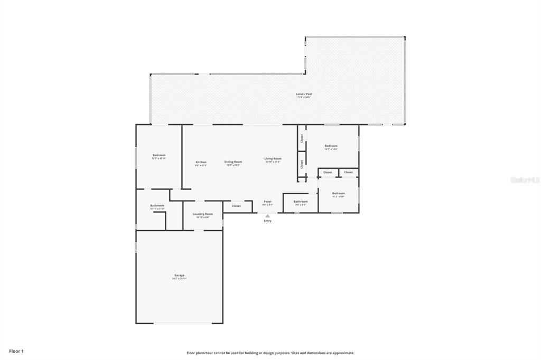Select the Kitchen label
coord(201,163)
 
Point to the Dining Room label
coord(233,163)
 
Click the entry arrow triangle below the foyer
coord(268,215)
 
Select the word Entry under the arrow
coord(268,221)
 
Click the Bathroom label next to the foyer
coord(301,202)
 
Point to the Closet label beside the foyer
coord(236,206)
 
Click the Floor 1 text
coord(16,350)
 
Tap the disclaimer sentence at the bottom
coord(270,353)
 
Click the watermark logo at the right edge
coord(524,180)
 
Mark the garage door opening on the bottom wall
coord(180,323)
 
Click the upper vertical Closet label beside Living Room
coord(302,138)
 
